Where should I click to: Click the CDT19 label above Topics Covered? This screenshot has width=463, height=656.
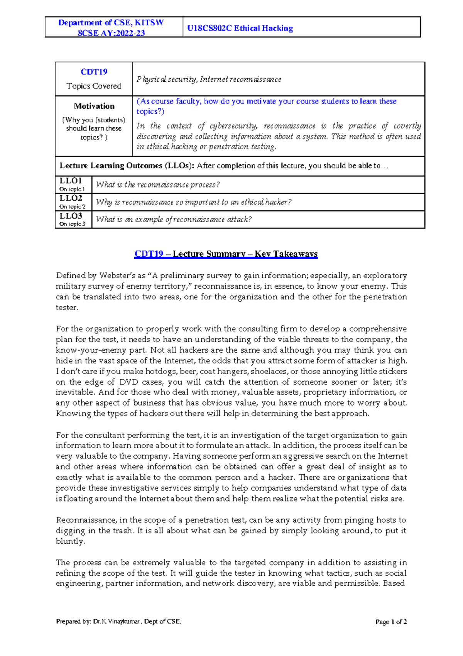94,72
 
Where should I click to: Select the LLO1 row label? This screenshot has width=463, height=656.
71,181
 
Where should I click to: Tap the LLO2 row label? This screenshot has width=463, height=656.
71,198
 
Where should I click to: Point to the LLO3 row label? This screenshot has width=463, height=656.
71,216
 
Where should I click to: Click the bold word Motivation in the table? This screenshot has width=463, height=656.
94,106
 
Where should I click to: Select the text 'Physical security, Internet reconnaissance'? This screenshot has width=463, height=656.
208,79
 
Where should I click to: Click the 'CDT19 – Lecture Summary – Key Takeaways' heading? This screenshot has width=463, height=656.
226,254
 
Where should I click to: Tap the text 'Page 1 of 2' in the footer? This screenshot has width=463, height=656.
391,622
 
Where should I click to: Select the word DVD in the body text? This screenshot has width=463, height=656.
128,382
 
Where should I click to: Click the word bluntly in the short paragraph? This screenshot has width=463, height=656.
70,541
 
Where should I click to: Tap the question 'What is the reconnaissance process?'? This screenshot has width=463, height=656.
157,185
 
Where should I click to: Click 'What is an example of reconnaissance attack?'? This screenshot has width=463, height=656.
174,220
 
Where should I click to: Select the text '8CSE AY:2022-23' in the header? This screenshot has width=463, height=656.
111,33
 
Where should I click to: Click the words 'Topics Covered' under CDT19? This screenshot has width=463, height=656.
94,86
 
